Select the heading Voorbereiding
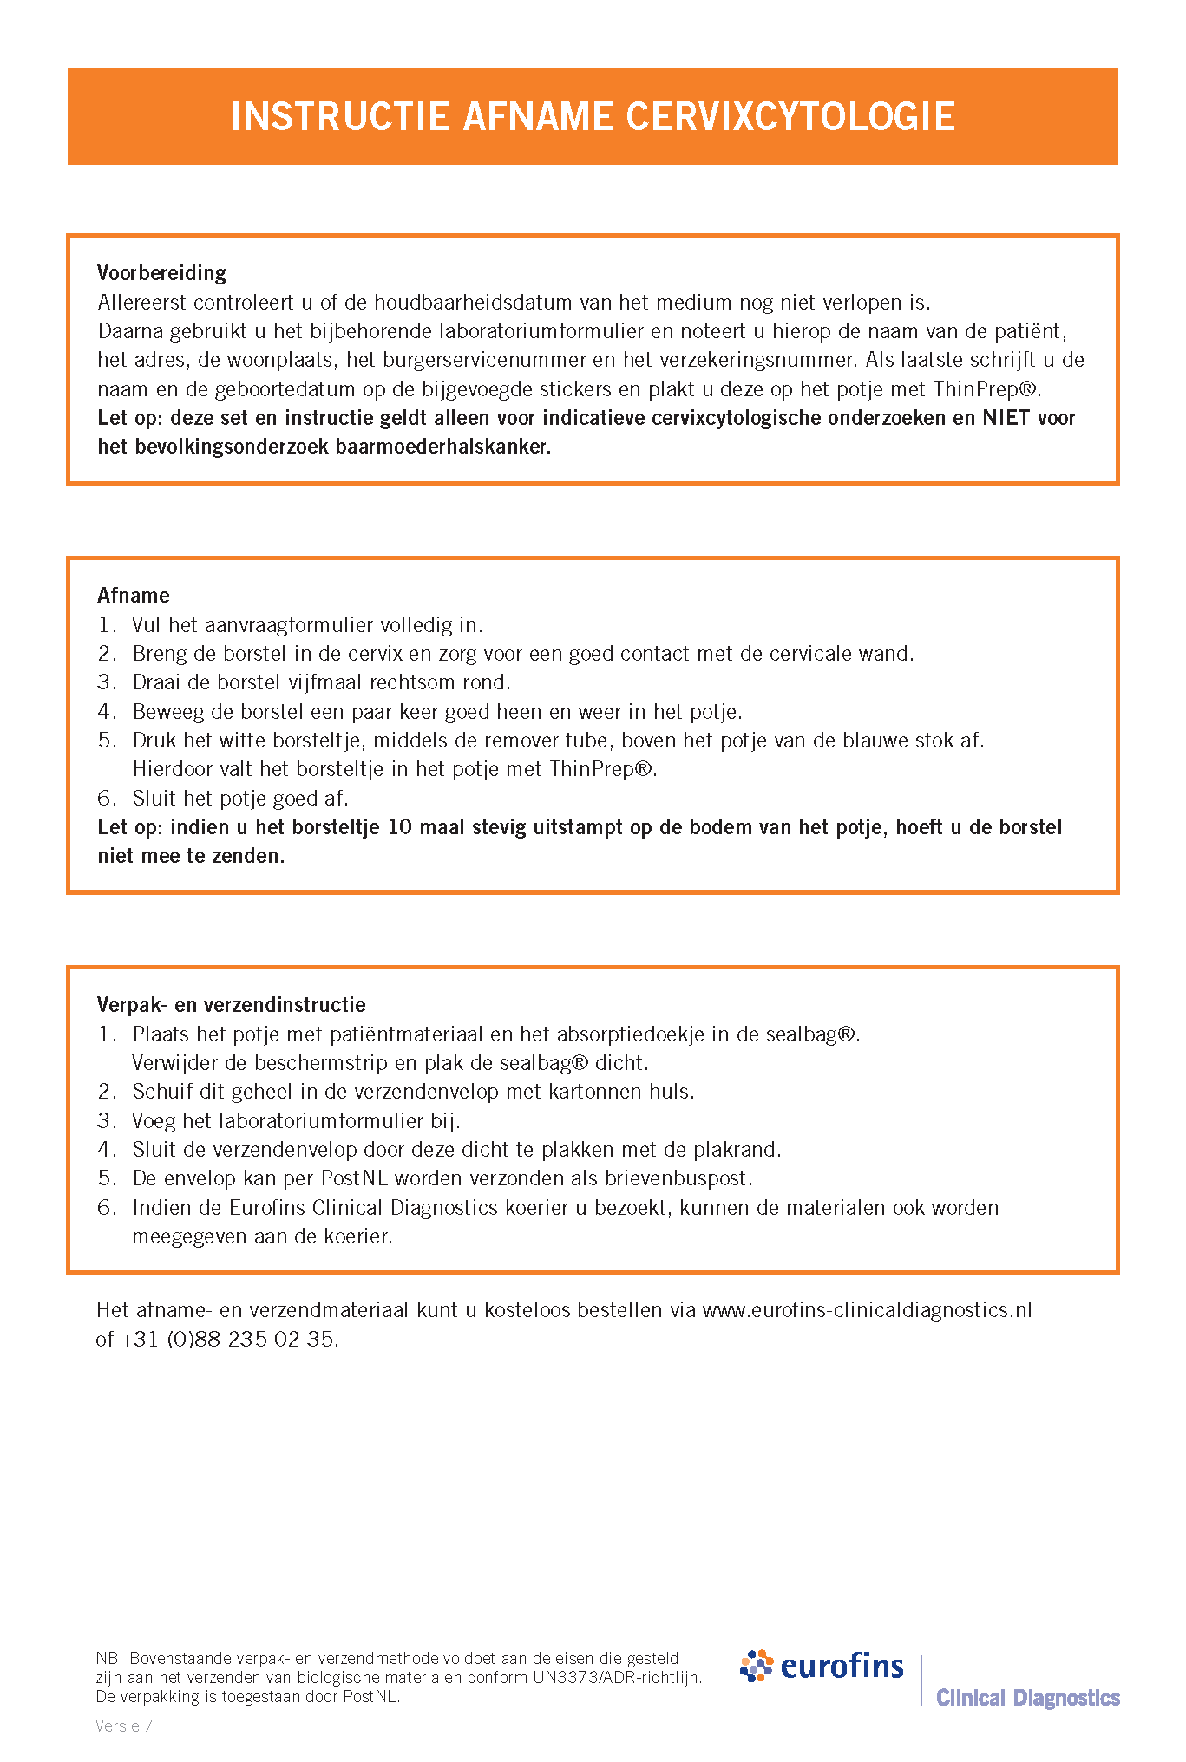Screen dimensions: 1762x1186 click(161, 273)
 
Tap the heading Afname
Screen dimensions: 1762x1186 click(133, 596)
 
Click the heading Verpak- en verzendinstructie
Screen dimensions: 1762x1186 click(231, 1005)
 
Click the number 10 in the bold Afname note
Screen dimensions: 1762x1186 click(399, 827)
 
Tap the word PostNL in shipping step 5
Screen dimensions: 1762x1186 click(354, 1178)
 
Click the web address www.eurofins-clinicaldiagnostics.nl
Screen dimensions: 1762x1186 click(867, 1310)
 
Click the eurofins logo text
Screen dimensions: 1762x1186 click(842, 1666)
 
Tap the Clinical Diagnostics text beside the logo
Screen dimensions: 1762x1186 click(1027, 1698)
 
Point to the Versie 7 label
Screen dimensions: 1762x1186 click(124, 1726)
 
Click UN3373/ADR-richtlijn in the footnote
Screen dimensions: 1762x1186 click(616, 1677)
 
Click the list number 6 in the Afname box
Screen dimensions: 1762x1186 click(105, 799)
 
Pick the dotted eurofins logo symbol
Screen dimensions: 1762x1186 click(756, 1666)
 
